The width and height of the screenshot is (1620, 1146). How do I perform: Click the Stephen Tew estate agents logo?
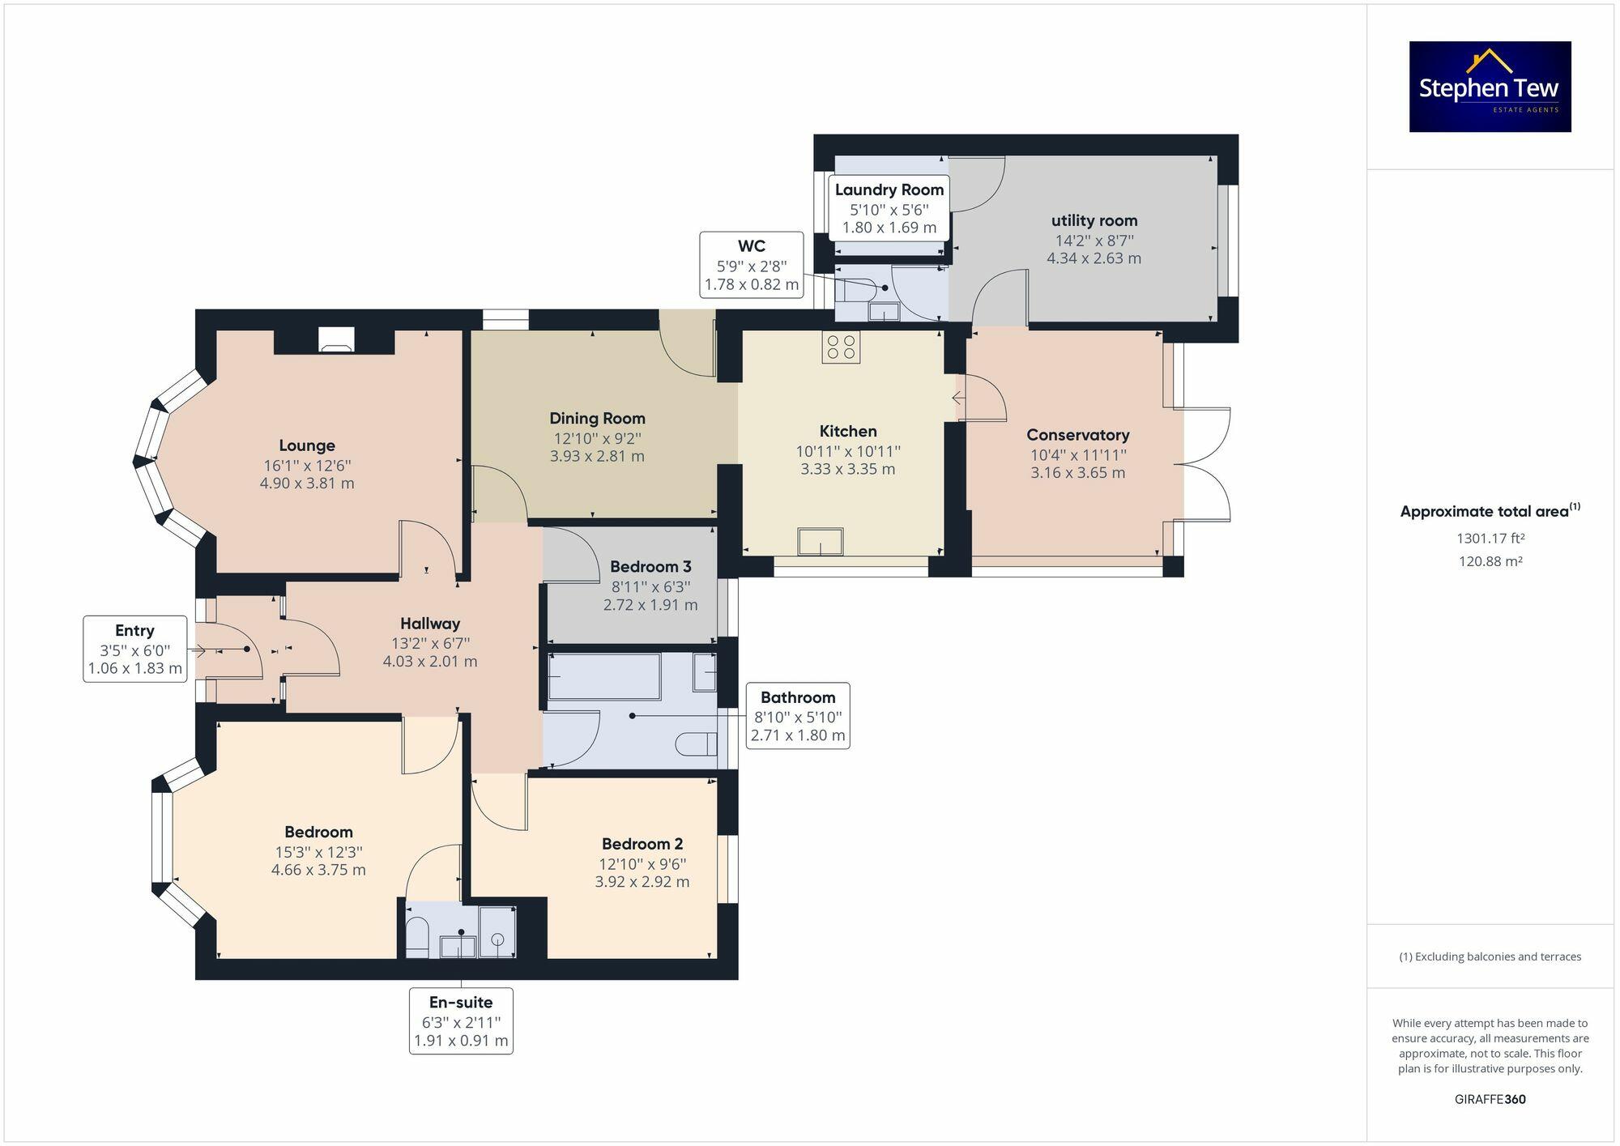point(1490,87)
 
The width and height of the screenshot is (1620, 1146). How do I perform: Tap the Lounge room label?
point(307,445)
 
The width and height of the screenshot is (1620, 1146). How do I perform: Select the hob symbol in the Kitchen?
point(841,347)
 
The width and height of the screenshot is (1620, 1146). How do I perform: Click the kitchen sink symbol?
point(820,542)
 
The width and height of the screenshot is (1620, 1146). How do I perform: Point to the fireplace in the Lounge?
point(335,340)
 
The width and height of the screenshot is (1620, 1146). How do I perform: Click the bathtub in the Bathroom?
point(604,676)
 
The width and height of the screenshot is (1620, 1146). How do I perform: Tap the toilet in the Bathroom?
point(697,743)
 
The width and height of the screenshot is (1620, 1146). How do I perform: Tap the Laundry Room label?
point(889,190)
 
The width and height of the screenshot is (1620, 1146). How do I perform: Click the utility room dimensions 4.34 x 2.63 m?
point(1093,258)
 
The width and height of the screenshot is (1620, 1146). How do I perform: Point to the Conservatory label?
point(1077,435)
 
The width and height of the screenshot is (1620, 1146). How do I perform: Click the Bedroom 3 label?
point(650,566)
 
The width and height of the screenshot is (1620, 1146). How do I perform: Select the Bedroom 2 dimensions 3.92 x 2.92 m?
point(642,881)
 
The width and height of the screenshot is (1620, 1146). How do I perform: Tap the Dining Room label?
point(597,418)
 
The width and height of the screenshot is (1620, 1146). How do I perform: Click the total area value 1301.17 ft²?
point(1490,538)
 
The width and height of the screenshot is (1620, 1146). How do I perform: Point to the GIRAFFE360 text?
point(1490,1099)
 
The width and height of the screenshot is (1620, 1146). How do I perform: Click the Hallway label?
point(430,624)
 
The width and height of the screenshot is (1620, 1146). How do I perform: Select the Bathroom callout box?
point(798,716)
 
